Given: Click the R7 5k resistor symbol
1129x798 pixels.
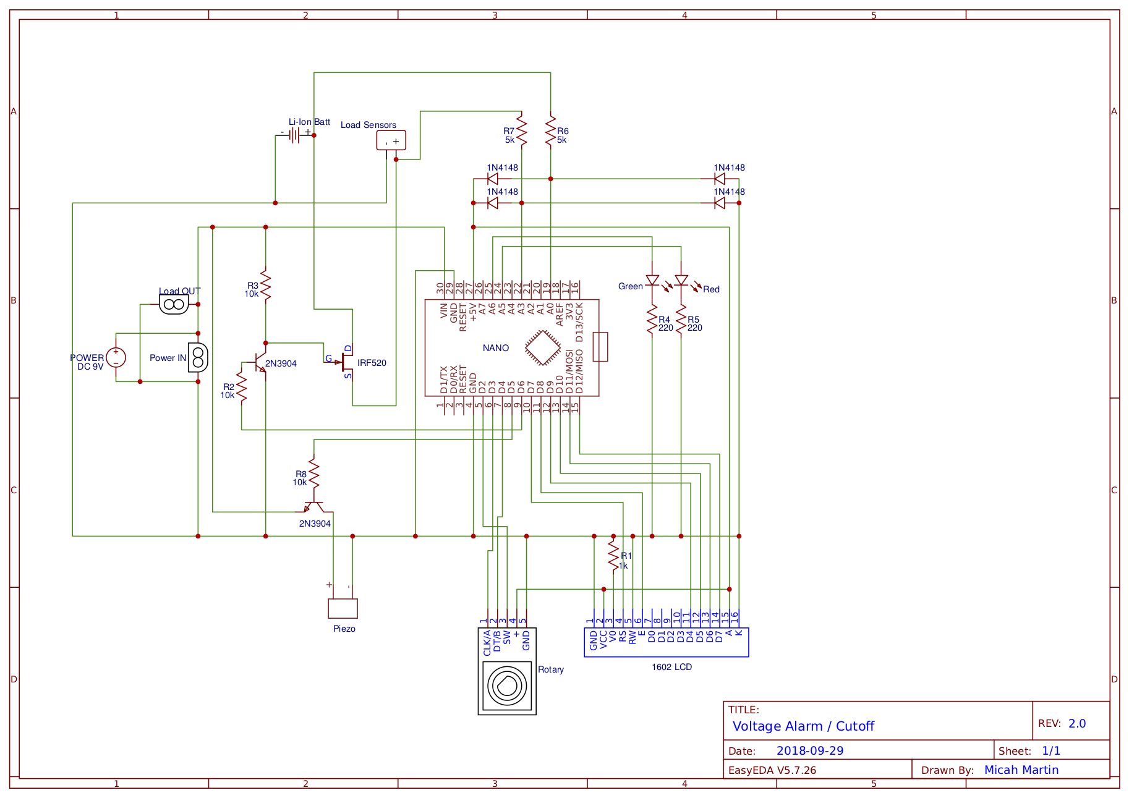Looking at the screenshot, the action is tap(522, 130).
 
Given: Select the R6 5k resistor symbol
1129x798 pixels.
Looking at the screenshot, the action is tap(550, 130).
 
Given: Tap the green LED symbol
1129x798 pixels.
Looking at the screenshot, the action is tap(652, 280).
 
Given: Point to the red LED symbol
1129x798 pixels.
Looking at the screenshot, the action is tap(681, 280).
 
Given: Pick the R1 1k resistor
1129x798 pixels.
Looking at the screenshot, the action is tap(613, 556).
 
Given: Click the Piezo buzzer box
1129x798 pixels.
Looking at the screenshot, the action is tap(343, 608).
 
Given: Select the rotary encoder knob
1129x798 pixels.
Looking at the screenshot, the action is tap(507, 686).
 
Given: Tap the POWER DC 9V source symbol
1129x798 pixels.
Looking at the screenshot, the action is tap(116, 357).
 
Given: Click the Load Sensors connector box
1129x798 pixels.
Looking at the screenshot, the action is tap(391, 140).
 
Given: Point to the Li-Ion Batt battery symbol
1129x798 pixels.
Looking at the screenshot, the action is tap(295, 135).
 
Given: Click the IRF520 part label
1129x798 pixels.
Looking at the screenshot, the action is tap(372, 363).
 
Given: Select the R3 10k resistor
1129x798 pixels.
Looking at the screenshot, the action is tap(266, 285).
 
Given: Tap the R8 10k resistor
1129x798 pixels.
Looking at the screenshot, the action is tap(314, 473).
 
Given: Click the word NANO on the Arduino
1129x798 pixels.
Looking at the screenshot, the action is tap(496, 348).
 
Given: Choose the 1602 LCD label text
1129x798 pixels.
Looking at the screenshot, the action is tap(671, 667).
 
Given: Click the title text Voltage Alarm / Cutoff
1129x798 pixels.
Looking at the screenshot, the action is tap(803, 726).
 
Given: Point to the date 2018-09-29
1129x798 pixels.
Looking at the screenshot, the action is tap(810, 751).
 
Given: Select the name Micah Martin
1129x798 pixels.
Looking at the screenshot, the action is tap(1021, 770).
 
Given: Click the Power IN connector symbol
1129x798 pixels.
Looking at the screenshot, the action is tap(198, 357).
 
